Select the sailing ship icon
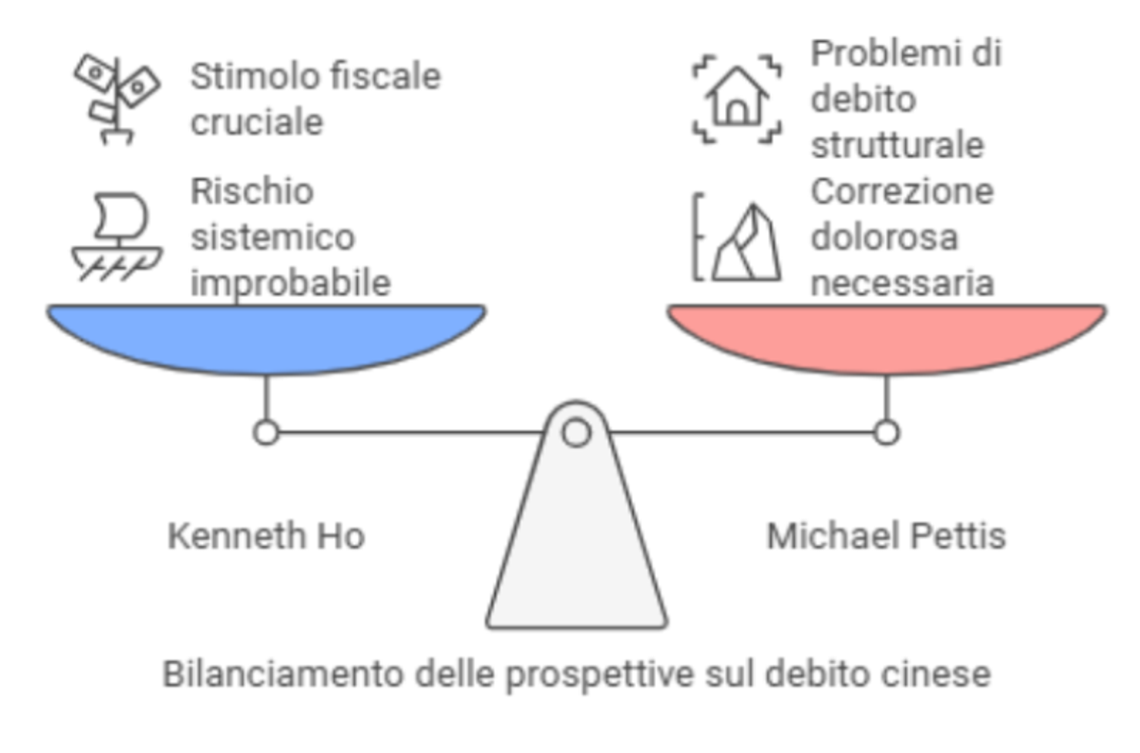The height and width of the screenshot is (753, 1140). click(118, 236)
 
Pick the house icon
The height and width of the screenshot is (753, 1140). click(736, 97)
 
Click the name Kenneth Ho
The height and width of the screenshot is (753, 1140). click(266, 536)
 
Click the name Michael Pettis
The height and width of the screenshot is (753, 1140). click(886, 536)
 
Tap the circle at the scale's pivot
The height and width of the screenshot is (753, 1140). click(576, 433)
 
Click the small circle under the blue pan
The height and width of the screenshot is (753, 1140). click(266, 433)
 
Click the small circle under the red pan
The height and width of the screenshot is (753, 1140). click(886, 433)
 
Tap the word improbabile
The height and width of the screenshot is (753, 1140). click(290, 283)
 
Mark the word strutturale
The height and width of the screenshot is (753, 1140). click(897, 145)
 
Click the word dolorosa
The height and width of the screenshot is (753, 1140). click(884, 237)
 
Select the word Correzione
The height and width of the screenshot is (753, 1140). click(902, 191)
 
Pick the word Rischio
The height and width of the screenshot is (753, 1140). click(252, 191)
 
